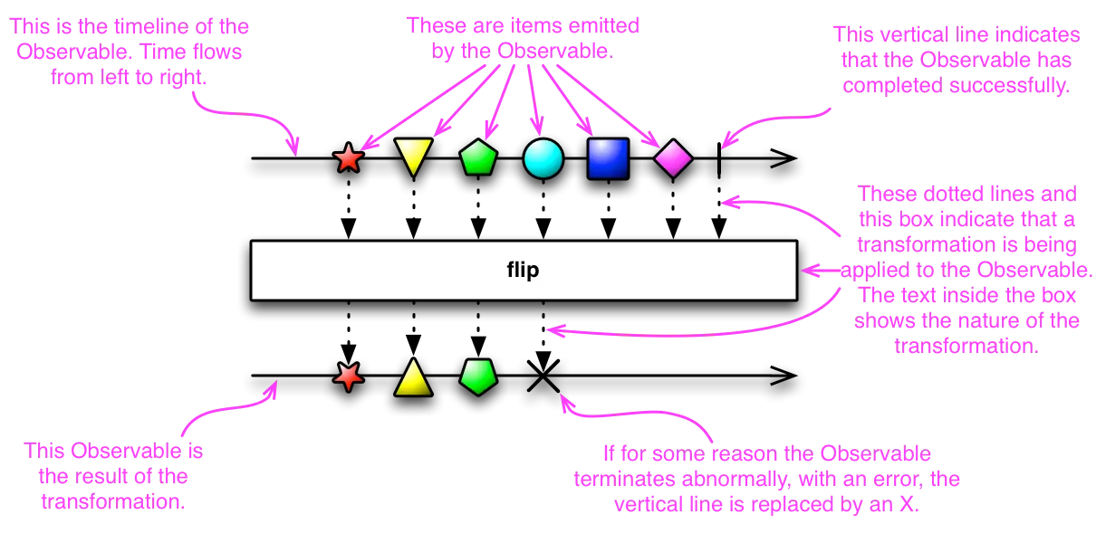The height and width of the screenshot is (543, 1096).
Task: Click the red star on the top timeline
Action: coord(349,157)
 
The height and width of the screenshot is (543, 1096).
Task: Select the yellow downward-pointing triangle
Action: coord(413,156)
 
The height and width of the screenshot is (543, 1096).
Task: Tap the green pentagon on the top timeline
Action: coord(478,157)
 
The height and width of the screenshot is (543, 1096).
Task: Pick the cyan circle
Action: coord(543,158)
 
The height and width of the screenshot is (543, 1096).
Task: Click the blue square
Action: coord(608,158)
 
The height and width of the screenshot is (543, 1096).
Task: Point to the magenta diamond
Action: coord(673,158)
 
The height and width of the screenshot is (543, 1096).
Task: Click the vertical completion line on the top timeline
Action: coord(719,159)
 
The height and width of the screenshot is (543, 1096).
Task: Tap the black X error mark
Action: coord(543,376)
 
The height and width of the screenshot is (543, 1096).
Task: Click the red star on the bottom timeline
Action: coord(349,376)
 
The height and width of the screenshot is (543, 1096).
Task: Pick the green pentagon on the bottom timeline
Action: coord(478,376)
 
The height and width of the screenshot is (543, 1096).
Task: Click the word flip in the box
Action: coord(523,271)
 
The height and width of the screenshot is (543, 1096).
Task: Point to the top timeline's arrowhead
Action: coord(784,157)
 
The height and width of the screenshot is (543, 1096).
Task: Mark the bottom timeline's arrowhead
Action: coord(784,376)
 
